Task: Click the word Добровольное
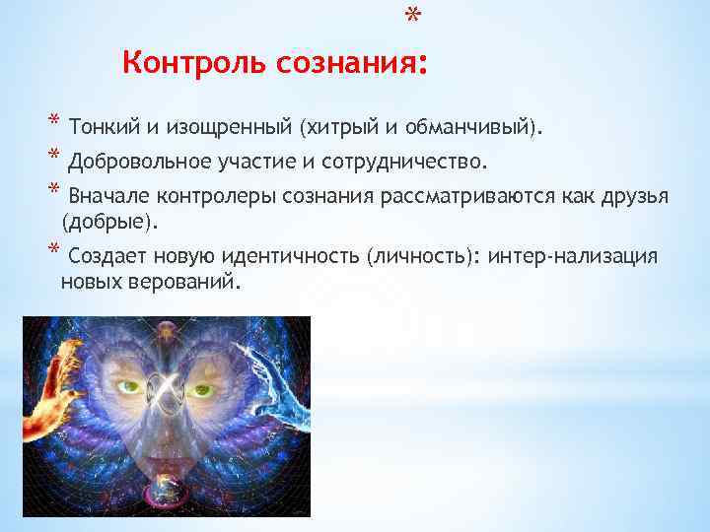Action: tap(133, 161)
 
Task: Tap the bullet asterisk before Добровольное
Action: tap(53, 159)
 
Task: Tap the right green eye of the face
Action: tap(203, 389)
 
